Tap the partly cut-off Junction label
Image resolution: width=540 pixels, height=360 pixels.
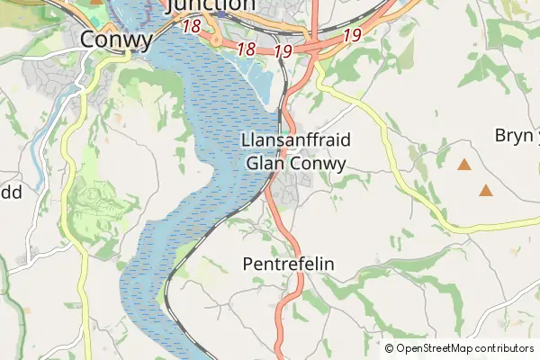click(x=211, y=5)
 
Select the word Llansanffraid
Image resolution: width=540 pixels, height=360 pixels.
click(x=296, y=140)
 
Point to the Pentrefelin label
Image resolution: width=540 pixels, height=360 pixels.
click(x=289, y=265)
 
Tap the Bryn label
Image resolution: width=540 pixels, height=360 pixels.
click(x=515, y=135)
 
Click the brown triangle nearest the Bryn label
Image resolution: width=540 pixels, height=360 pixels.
click(x=464, y=165)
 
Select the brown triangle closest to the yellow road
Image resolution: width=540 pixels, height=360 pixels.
click(x=486, y=190)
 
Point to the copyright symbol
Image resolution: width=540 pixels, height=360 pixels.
click(x=390, y=348)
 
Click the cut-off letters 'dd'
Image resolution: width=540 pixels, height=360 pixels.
click(x=11, y=192)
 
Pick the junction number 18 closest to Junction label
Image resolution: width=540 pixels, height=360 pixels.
click(x=192, y=27)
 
